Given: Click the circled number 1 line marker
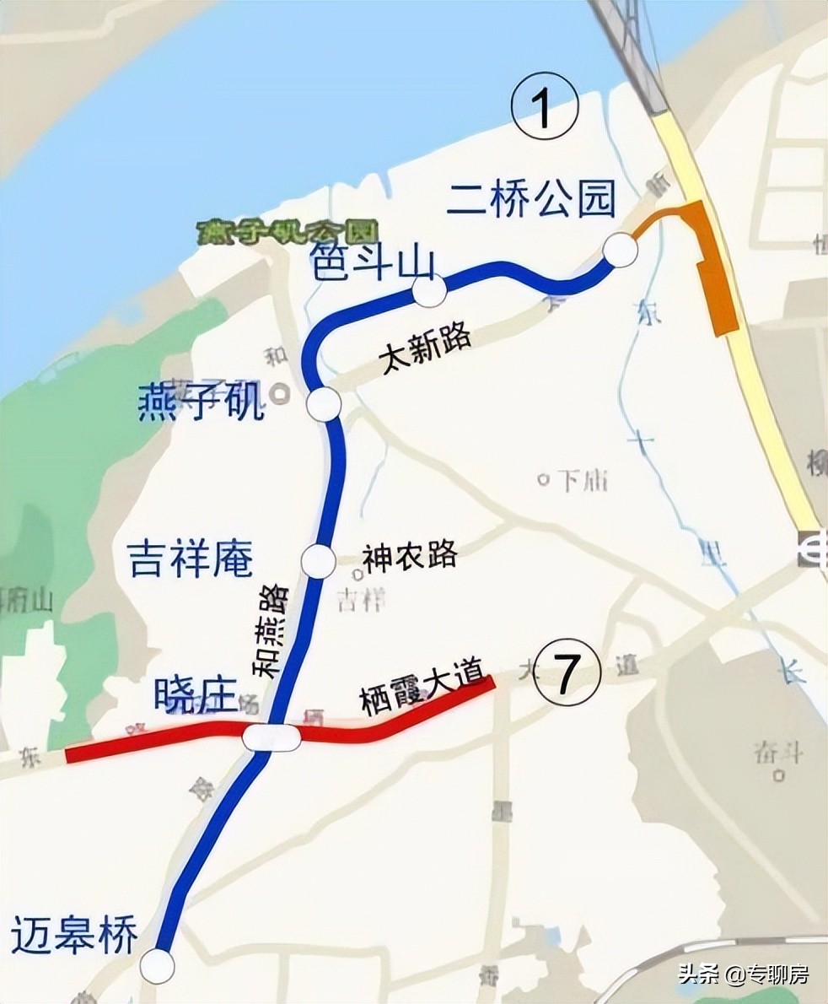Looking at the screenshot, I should [545, 111].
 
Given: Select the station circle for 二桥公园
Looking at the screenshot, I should [621, 250].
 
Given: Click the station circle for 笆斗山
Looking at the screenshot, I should [428, 292].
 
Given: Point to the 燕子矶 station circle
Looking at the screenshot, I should [324, 404].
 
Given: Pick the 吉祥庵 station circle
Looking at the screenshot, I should [319, 560].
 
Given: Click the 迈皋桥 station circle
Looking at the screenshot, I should [157, 965].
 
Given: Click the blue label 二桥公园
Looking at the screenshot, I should [531, 200].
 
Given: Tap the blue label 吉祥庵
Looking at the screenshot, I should [191, 559].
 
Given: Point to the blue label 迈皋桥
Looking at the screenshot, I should [74, 936].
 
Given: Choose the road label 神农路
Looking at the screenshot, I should [410, 555].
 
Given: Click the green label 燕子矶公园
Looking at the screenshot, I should [287, 232].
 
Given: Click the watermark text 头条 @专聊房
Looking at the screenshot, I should [743, 974].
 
